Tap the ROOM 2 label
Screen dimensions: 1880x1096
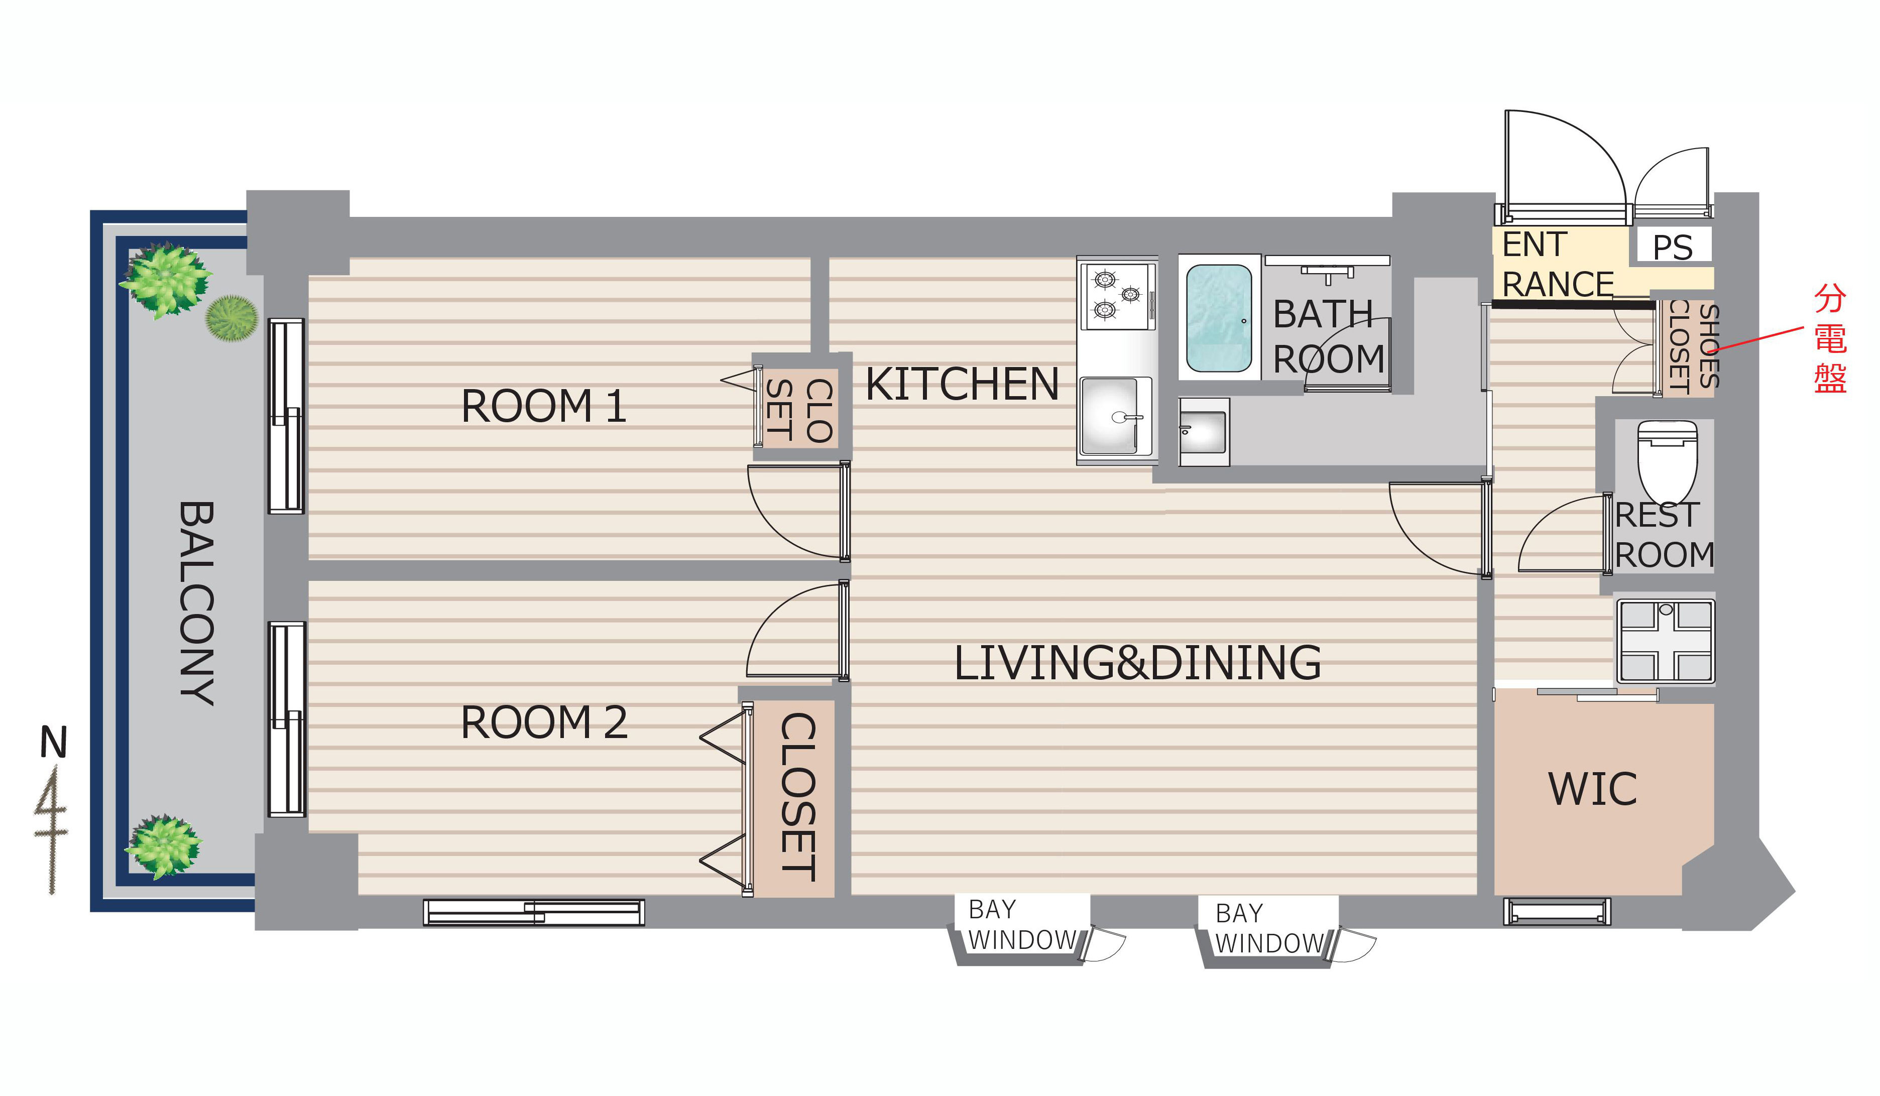click(544, 722)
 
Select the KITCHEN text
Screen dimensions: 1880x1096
click(962, 384)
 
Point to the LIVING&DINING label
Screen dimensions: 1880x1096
click(1138, 663)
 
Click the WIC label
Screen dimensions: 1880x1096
click(1593, 789)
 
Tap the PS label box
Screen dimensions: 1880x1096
click(1673, 246)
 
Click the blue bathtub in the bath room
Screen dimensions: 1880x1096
click(1219, 318)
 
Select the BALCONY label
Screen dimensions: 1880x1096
click(197, 603)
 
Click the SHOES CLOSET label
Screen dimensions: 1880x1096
click(1694, 346)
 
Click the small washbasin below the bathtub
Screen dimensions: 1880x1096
click(1203, 432)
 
